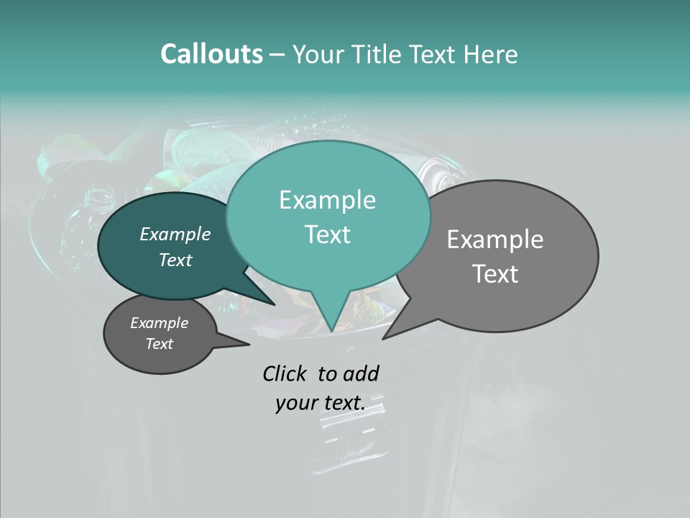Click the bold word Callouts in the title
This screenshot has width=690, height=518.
211,54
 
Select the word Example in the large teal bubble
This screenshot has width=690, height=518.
327,200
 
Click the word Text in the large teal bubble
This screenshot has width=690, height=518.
327,235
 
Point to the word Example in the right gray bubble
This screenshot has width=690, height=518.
495,240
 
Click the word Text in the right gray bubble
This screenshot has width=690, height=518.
495,274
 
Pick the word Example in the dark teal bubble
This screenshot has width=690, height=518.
175,234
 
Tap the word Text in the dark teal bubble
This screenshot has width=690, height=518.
175,260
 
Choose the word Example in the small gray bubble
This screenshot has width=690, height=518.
160,323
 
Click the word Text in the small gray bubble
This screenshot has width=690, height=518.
160,344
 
